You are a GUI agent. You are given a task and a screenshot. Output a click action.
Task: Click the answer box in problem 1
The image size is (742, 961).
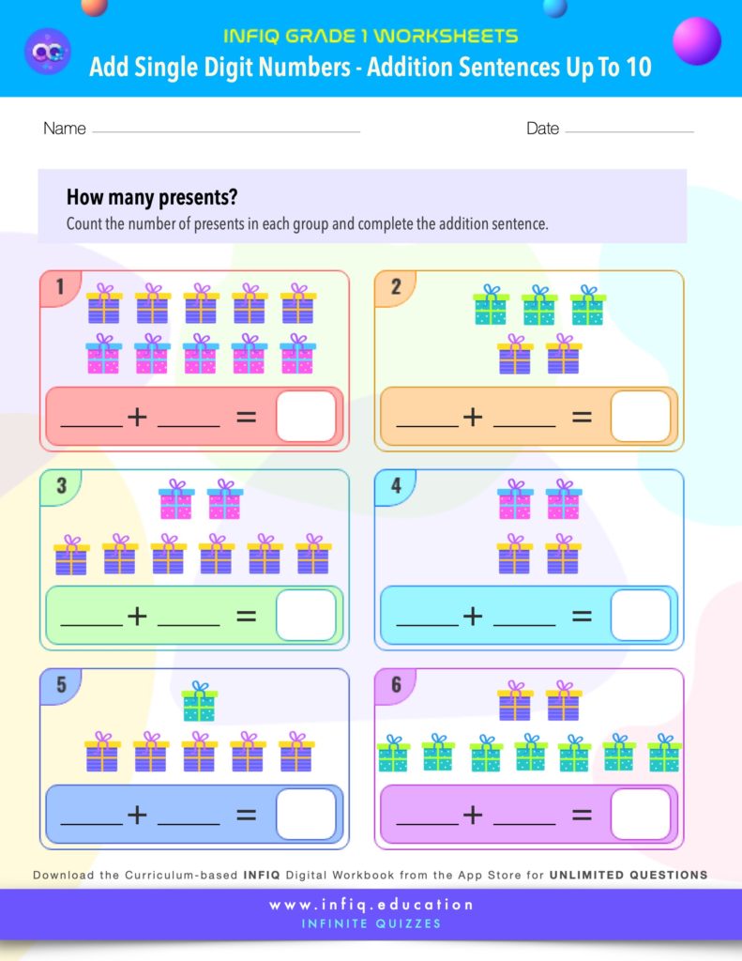pyautogui.click(x=306, y=417)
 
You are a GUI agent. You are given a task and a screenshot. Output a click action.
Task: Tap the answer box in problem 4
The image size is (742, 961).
pyautogui.click(x=641, y=616)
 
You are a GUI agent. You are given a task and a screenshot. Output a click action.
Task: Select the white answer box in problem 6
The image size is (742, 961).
pyautogui.click(x=641, y=815)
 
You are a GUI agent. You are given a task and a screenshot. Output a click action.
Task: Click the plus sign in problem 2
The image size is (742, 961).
pyautogui.click(x=473, y=417)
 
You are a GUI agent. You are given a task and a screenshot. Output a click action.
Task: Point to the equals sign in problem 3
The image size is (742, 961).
pyautogui.click(x=246, y=616)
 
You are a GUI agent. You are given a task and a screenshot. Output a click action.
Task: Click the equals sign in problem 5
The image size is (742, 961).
pyautogui.click(x=246, y=815)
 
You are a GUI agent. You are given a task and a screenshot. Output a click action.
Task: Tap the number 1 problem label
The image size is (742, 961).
pyautogui.click(x=60, y=287)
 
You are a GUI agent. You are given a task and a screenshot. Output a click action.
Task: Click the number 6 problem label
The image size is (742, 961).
pyautogui.click(x=396, y=685)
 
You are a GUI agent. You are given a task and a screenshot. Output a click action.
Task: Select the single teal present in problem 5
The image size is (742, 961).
pyautogui.click(x=199, y=701)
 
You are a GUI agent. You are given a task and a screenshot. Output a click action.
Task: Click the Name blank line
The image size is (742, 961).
pyautogui.click(x=225, y=131)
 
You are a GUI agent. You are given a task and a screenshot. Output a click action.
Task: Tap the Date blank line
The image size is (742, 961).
pyautogui.click(x=629, y=131)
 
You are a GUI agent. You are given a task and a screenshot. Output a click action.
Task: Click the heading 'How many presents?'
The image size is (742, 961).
pyautogui.click(x=152, y=198)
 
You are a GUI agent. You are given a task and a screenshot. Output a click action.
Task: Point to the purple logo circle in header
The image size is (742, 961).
pyautogui.click(x=46, y=51)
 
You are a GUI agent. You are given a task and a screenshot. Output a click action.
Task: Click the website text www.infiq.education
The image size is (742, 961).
pyautogui.click(x=371, y=905)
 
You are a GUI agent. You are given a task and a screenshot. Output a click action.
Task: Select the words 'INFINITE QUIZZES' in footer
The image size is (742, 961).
pyautogui.click(x=371, y=923)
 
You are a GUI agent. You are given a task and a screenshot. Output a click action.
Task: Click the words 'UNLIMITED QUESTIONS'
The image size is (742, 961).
pyautogui.click(x=628, y=875)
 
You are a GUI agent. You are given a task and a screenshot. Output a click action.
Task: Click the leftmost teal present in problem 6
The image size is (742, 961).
pyautogui.click(x=393, y=754)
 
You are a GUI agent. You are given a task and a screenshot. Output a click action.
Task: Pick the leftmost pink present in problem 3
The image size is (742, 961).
pyautogui.click(x=176, y=500)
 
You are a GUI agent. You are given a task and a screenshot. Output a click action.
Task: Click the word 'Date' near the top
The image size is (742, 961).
pyautogui.click(x=542, y=129)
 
